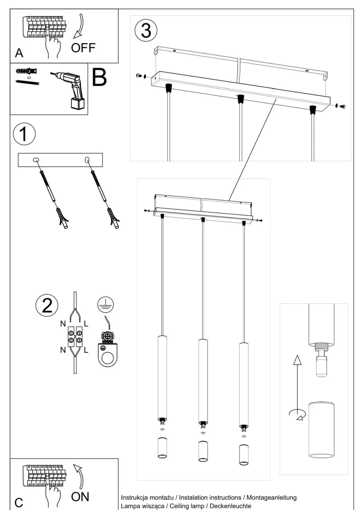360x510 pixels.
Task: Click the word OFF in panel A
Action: point(83,48)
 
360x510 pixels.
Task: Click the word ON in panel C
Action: point(80,496)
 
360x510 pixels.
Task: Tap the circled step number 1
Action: point(24,134)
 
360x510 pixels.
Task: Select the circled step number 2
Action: point(47,305)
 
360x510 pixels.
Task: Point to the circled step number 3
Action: point(146,30)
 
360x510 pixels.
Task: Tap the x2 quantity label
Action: point(29,77)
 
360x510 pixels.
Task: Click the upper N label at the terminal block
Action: point(63,324)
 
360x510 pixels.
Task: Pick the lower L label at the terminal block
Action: point(86,350)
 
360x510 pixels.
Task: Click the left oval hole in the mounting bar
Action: point(36,160)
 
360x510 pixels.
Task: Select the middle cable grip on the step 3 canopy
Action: point(240,99)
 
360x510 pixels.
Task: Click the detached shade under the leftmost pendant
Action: point(162,448)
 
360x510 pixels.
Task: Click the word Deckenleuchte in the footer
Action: point(230,506)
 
